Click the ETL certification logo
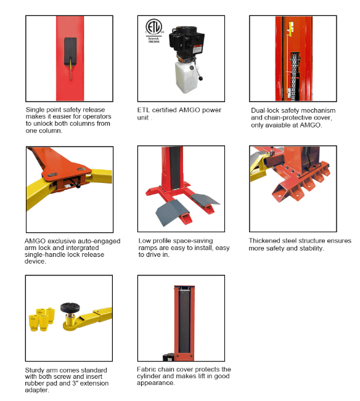coord(152,30)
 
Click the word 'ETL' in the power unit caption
coord(144,110)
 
